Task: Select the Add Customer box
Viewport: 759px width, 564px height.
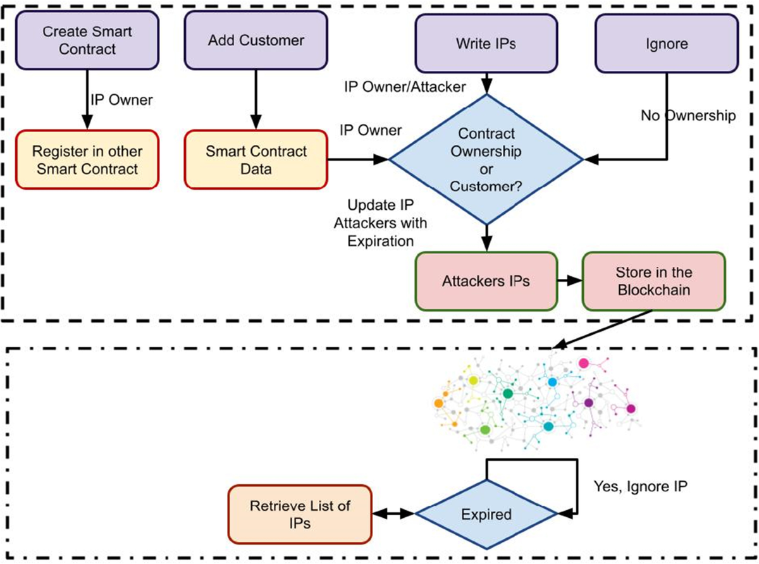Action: (256, 40)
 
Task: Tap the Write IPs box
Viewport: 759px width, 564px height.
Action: (486, 43)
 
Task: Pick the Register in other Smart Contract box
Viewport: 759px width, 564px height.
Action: (87, 160)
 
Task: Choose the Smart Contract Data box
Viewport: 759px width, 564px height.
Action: (256, 160)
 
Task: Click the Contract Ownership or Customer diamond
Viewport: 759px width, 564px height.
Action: (486, 161)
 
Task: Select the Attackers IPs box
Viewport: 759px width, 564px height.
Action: (486, 281)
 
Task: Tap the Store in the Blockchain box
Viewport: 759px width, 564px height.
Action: (654, 281)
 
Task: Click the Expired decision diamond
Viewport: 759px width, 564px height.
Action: (486, 514)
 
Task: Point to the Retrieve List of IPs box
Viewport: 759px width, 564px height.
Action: (300, 514)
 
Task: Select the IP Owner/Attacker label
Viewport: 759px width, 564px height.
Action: (405, 86)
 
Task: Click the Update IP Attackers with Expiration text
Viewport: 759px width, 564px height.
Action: (386, 223)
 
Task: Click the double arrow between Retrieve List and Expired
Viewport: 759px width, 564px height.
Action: (393, 514)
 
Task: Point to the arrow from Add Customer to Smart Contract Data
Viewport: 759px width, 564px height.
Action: (256, 99)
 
